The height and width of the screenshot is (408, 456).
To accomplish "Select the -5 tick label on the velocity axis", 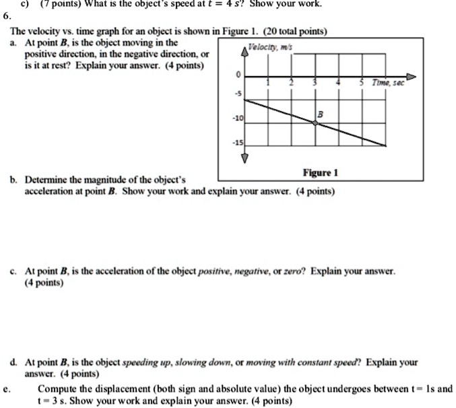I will pos(237,93).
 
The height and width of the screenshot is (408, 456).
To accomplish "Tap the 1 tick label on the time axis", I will pos(269,83).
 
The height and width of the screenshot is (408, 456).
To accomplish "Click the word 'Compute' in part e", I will pos(57,388).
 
